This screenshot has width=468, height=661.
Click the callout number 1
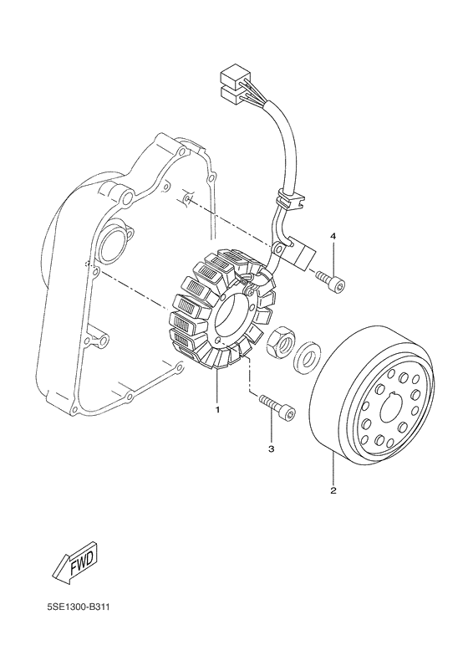(x=217, y=410)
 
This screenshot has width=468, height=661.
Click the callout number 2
(x=333, y=490)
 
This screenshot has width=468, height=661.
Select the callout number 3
(x=271, y=450)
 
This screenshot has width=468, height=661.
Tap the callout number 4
(x=333, y=238)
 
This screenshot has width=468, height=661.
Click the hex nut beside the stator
(x=279, y=341)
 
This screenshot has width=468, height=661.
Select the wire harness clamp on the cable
(x=286, y=200)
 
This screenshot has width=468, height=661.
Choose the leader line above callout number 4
(x=333, y=254)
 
